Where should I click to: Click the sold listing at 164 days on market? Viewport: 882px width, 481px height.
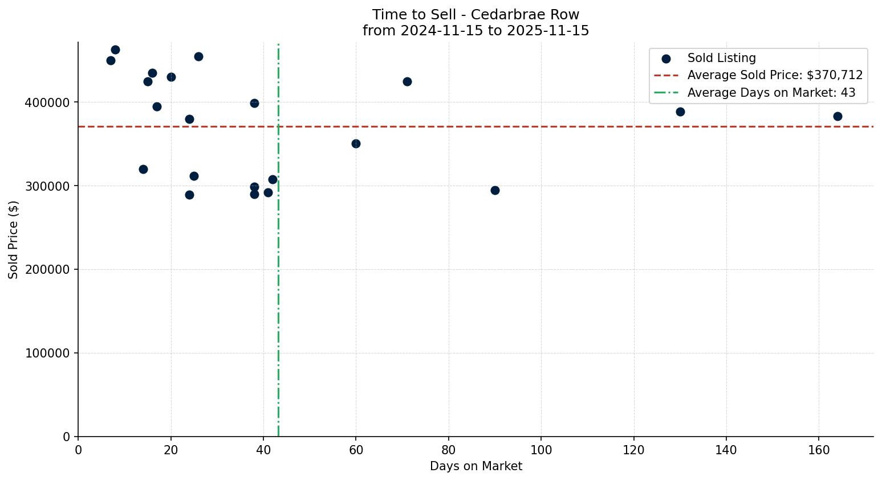pyautogui.click(x=838, y=116)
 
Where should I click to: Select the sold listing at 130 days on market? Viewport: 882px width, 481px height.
pyautogui.click(x=680, y=112)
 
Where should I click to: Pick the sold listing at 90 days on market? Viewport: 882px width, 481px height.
pyautogui.click(x=495, y=190)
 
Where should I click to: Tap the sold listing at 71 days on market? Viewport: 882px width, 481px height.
pyautogui.click(x=407, y=81)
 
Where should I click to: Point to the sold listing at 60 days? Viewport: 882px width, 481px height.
pyautogui.click(x=356, y=143)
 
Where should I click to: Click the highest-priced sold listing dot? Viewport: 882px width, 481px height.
pyautogui.click(x=115, y=50)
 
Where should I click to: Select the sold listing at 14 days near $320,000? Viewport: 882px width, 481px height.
pyautogui.click(x=143, y=169)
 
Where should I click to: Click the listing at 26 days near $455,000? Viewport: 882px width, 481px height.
pyautogui.click(x=198, y=56)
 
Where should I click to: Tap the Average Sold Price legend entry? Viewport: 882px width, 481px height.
pyautogui.click(x=775, y=75)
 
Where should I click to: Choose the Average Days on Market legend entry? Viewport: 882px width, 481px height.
pyautogui.click(x=771, y=93)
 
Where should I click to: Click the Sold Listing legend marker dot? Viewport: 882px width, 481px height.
pyautogui.click(x=666, y=58)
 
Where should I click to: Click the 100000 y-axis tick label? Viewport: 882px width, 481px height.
pyautogui.click(x=47, y=353)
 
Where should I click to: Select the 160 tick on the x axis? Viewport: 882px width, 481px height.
pyautogui.click(x=819, y=450)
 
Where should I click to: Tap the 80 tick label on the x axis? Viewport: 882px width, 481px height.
pyautogui.click(x=449, y=450)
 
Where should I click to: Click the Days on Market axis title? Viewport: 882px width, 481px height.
pyautogui.click(x=476, y=466)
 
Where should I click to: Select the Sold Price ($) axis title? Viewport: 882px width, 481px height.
pyautogui.click(x=14, y=240)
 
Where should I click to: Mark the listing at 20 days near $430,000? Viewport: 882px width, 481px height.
pyautogui.click(x=171, y=77)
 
